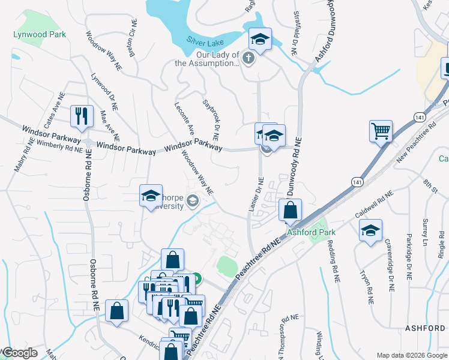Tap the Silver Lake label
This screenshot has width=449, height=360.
coord(205,43)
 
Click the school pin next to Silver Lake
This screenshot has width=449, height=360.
coord(260,40)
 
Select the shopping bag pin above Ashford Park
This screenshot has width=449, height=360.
coord(290,211)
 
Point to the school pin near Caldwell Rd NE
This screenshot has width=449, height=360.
coord(370,230)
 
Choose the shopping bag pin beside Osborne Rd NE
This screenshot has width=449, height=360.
coord(116,311)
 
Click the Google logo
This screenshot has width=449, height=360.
coord(20,353)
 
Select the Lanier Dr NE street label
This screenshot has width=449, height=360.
coord(255,195)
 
